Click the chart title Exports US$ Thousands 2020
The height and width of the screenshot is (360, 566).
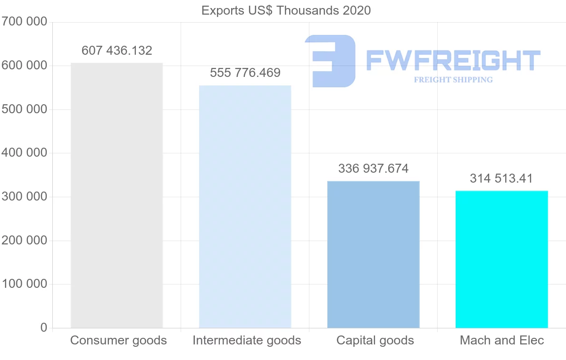point(286,10)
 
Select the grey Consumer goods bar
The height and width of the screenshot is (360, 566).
point(117,195)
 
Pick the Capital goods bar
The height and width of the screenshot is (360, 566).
point(373,255)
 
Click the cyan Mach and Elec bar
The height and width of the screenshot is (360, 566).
point(501,260)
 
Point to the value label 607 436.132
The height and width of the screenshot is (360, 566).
point(117,50)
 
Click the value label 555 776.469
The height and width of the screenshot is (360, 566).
point(245,73)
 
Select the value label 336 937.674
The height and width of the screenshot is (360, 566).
point(373,168)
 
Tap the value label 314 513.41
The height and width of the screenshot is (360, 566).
point(501,179)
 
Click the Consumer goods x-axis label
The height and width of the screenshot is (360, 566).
point(118,340)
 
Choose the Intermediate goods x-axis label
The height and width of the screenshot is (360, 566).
point(247,340)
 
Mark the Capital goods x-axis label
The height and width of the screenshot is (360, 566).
point(375,340)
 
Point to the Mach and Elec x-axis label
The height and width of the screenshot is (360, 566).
point(502,340)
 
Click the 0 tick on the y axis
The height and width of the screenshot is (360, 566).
point(44,327)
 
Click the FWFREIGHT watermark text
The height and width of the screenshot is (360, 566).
point(453,60)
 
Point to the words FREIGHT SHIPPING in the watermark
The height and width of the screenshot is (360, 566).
point(453,80)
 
